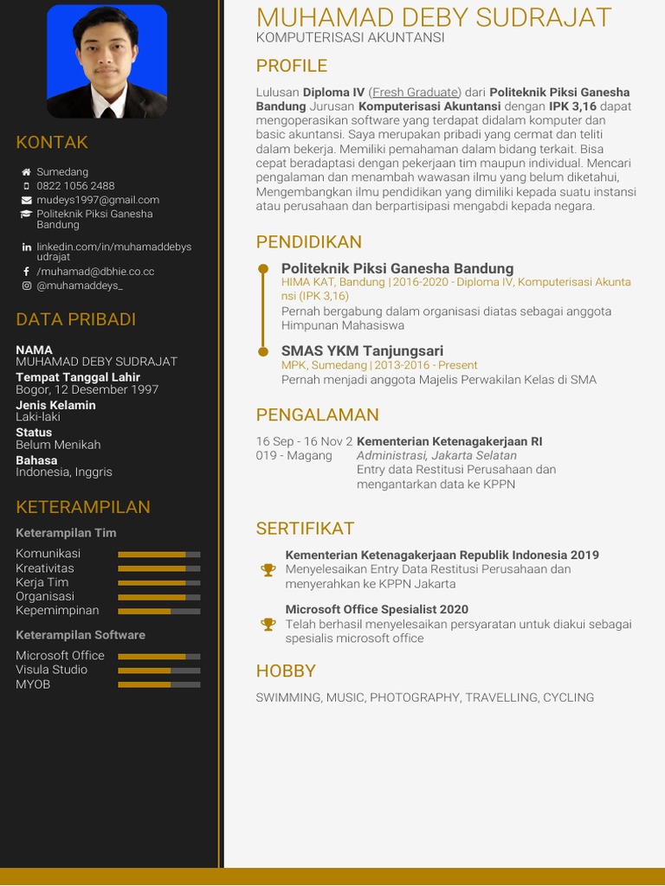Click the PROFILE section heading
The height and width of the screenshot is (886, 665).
coord(291,66)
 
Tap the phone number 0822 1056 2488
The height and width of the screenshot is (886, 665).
coord(75,186)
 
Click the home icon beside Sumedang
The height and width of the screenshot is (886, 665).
coord(26,172)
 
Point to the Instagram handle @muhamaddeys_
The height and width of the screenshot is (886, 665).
coord(80,286)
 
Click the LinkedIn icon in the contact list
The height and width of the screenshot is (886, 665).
coord(26,247)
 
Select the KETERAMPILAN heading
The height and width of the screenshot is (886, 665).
coord(83,507)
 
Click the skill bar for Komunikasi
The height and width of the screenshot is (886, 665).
coord(158,554)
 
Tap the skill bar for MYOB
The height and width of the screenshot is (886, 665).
coord(158,684)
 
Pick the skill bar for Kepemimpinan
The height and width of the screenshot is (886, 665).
coord(158,611)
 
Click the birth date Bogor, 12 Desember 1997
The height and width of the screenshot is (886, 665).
coord(87,389)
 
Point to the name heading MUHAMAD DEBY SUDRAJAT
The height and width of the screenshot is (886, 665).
coord(434,17)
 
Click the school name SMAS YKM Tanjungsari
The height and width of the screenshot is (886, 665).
coord(362,350)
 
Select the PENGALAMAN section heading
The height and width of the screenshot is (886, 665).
coord(317,414)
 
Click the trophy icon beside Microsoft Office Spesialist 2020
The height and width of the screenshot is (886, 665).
coord(268,624)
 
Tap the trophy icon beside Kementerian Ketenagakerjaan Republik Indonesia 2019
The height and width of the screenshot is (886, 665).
coord(268,569)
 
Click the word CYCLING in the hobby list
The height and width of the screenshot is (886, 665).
coord(568,697)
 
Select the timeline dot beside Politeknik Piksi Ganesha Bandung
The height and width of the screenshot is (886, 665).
coord(263,269)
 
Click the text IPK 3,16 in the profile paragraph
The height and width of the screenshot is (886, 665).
coord(572,106)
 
